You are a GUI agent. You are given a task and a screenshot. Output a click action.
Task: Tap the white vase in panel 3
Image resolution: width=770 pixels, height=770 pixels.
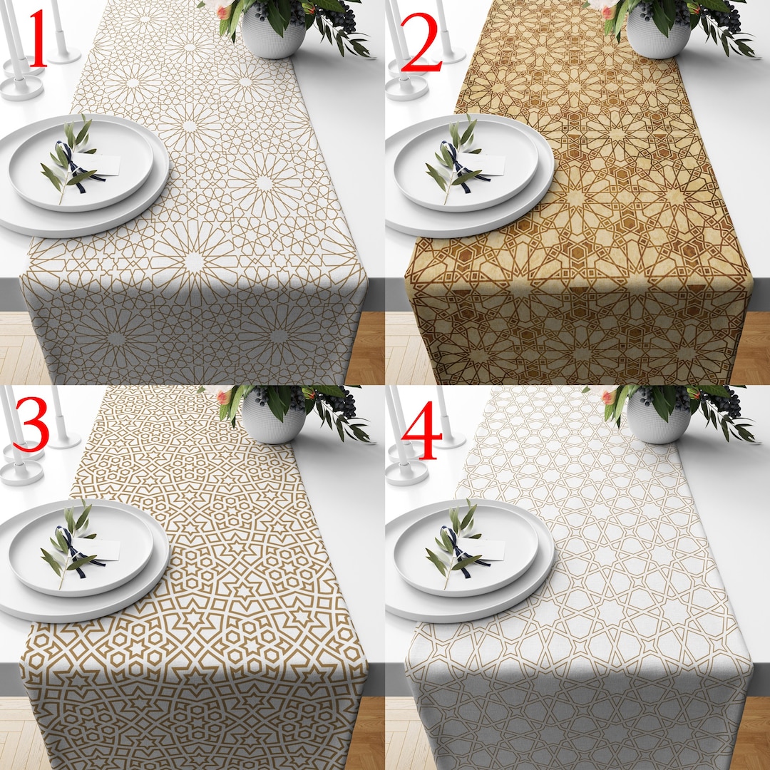[273, 421]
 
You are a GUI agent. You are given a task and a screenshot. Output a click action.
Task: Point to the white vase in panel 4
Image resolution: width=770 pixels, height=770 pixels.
[657, 421]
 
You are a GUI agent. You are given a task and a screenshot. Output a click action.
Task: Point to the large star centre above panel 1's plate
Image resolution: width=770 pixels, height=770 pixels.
[189, 126]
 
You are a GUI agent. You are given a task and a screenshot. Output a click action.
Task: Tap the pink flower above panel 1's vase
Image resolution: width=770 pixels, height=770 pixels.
[222, 10]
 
